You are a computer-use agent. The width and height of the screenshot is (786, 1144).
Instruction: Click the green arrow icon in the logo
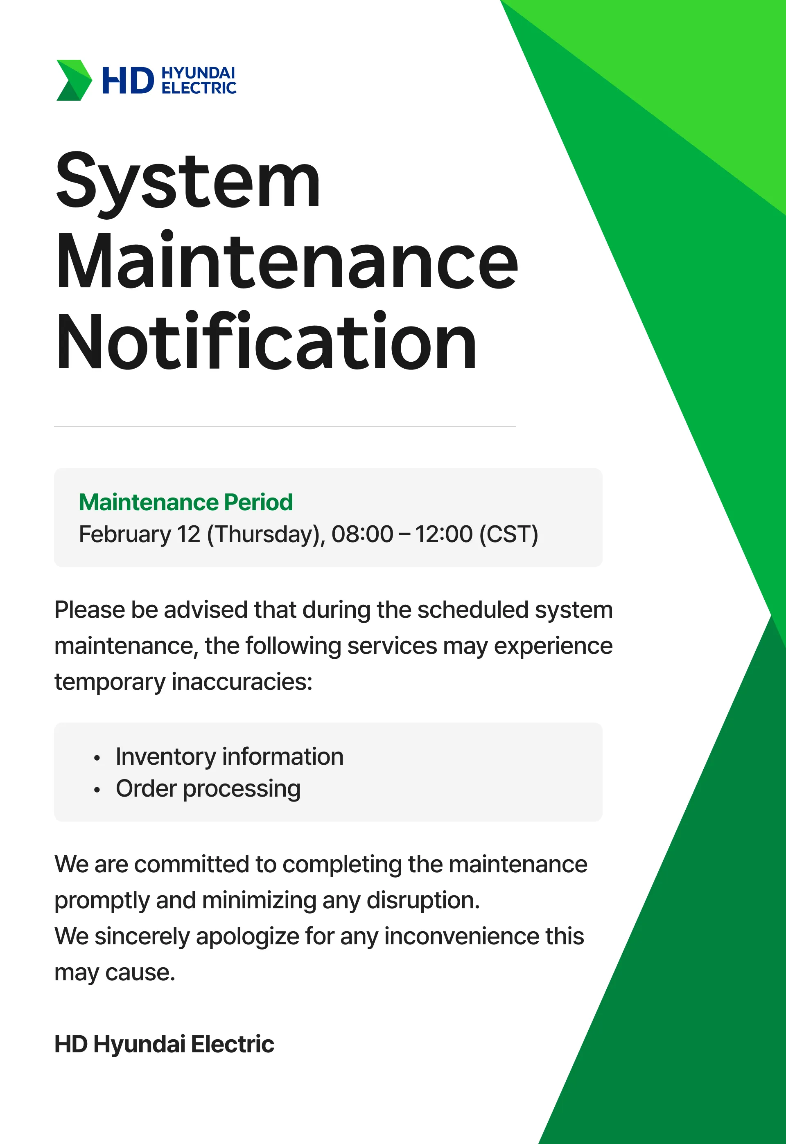[x=74, y=80]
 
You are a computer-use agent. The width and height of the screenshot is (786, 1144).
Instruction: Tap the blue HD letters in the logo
[x=128, y=81]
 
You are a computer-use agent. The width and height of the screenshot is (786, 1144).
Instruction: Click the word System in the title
[x=188, y=182]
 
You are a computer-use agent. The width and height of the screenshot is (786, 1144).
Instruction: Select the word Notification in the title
[x=266, y=341]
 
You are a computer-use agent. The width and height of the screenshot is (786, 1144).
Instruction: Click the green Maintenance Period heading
[x=186, y=502]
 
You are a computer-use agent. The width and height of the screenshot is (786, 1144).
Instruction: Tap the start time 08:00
[x=362, y=534]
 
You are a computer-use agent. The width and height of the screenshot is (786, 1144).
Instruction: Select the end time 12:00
[x=444, y=534]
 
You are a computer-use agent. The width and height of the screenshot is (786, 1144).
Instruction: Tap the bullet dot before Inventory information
[x=97, y=758]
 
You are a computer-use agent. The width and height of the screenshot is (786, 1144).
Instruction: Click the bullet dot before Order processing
[x=97, y=790]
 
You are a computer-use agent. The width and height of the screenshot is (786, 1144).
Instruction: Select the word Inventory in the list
[x=166, y=757]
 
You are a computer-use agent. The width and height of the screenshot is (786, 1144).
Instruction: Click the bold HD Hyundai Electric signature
[x=164, y=1044]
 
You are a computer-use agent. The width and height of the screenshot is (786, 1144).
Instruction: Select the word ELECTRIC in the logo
[x=199, y=88]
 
